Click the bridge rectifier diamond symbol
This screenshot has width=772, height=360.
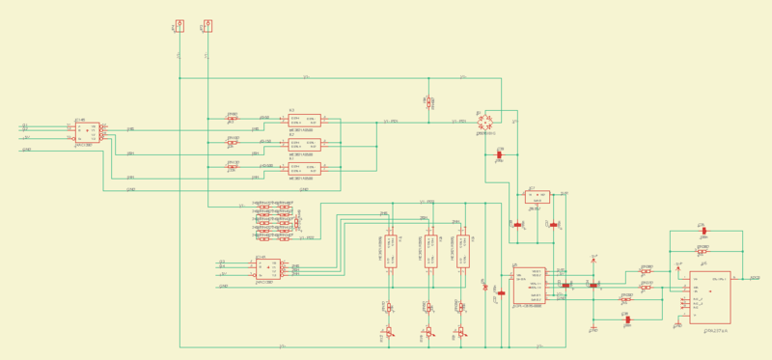[488, 121]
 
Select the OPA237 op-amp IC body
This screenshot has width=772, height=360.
[709, 297]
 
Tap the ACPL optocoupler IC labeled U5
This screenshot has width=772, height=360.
[529, 285]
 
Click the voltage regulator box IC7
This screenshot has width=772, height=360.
[538, 196]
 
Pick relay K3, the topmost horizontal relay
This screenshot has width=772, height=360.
[305, 120]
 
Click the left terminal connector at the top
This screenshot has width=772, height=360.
[179, 26]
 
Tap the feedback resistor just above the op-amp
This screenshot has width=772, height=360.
[703, 251]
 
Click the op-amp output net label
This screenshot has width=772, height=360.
[755, 278]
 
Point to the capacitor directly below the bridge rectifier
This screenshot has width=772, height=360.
[499, 155]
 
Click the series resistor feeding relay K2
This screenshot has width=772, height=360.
[233, 142]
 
